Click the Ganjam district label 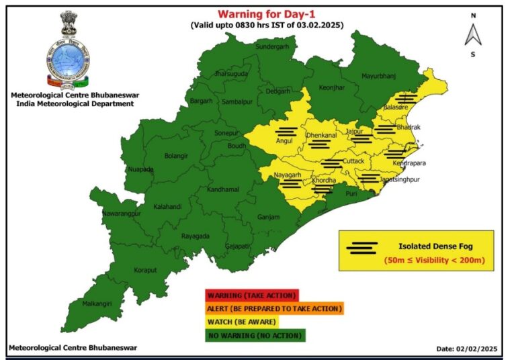click(269, 217)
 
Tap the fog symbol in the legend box click(362, 247)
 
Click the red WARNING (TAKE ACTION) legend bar click(251, 296)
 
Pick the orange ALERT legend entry click(274, 309)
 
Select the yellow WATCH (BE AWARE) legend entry click(242, 322)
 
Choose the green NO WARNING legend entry click(255, 334)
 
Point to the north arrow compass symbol click(473, 34)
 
